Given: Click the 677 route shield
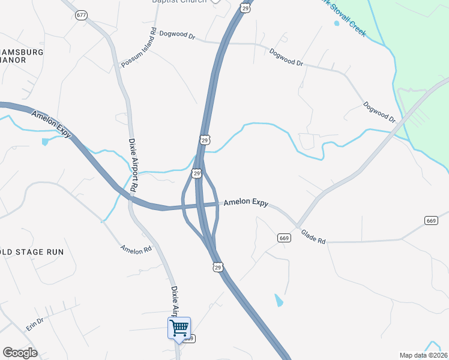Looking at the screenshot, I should [82, 15].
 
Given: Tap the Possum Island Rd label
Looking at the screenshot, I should [139, 47].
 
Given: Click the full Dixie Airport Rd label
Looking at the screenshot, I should [133, 165].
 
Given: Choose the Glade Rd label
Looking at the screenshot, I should [313, 237].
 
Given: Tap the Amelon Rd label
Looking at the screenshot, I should [136, 249].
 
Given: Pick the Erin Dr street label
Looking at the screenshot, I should [35, 322].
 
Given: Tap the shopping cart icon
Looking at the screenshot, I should [179, 328].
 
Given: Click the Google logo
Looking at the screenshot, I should [20, 353].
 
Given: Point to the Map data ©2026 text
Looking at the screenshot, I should [424, 355].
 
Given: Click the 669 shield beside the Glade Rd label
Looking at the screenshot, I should [285, 238].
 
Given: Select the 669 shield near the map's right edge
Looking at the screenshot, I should [430, 221].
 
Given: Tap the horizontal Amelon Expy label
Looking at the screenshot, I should [246, 203].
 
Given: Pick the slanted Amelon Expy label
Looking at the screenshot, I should [51, 124].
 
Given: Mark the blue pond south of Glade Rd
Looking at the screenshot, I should [279, 300].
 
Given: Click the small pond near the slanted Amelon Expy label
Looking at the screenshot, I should [45, 142].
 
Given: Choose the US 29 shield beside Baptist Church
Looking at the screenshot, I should [245, 8].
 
